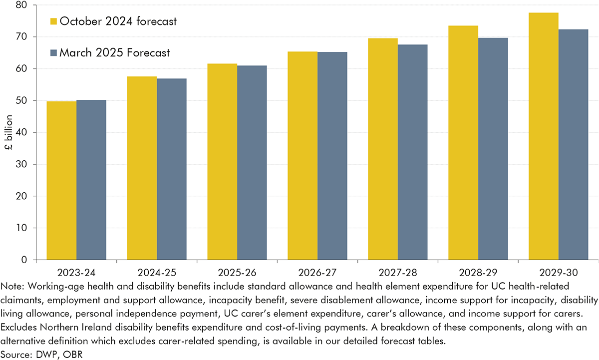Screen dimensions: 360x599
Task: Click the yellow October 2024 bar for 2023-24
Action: pos(62,180)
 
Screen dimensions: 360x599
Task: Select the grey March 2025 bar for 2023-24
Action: pos(91,180)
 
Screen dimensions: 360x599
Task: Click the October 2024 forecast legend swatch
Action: pos(53,21)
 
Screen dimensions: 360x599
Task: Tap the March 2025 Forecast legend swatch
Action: pos(53,52)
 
